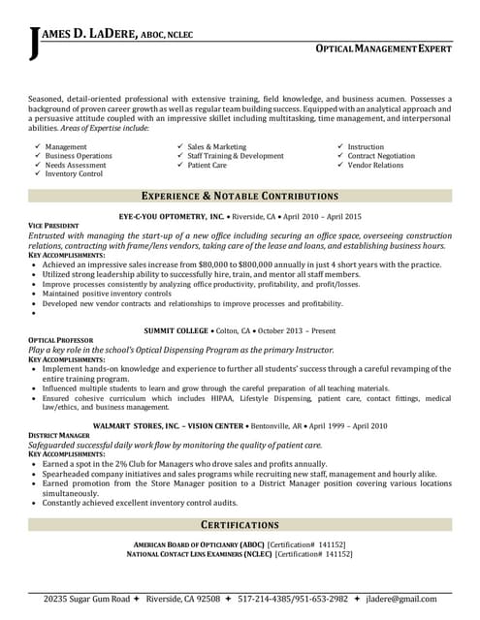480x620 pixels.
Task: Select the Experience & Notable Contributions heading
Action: click(x=240, y=196)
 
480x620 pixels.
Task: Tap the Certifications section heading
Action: click(x=240, y=524)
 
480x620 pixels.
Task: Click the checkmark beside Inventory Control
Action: click(x=37, y=174)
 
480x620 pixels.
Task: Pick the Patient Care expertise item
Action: click(x=208, y=165)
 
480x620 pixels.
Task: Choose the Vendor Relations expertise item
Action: click(x=375, y=165)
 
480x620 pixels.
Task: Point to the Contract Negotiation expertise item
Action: click(x=382, y=156)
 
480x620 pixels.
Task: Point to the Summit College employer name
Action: click(x=176, y=331)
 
